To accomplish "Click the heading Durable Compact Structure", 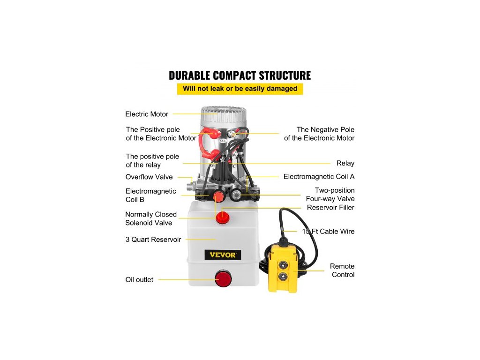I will pyautogui.click(x=240, y=75).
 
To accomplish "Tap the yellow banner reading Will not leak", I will pyautogui.click(x=240, y=89).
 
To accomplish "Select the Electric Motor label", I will pyautogui.click(x=147, y=114).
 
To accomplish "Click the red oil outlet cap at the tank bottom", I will pyautogui.click(x=224, y=279).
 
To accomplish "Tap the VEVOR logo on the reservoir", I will pyautogui.click(x=223, y=255).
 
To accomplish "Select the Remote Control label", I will pyautogui.click(x=342, y=270).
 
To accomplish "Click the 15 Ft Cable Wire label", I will pyautogui.click(x=329, y=232).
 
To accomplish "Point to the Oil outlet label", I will pyautogui.click(x=139, y=280).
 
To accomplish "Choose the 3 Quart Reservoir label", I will pyautogui.click(x=153, y=240).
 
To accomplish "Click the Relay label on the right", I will pyautogui.click(x=345, y=164).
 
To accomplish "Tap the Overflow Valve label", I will pyautogui.click(x=149, y=177).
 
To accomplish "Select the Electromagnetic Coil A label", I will pyautogui.click(x=319, y=177).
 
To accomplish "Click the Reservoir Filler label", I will pyautogui.click(x=330, y=207).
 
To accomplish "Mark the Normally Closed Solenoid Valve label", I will pyautogui.click(x=151, y=219).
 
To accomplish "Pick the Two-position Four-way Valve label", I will pyautogui.click(x=334, y=195).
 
